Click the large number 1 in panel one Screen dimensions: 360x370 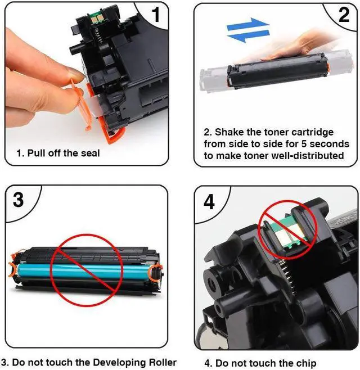(156, 15)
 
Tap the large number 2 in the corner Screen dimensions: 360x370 (344, 15)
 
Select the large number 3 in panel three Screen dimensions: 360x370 (18, 200)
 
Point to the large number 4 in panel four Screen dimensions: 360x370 (209, 202)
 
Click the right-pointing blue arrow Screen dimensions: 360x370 (248, 24)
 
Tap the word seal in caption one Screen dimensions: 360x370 (91, 153)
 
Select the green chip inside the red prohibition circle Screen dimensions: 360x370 (287, 233)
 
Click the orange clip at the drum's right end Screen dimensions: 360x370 (155, 272)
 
